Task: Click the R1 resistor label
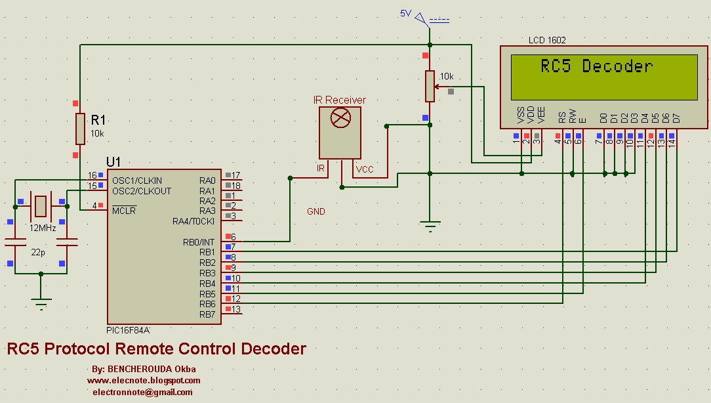pyautogui.click(x=98, y=120)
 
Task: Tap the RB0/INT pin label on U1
pyautogui.click(x=199, y=242)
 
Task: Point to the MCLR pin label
pyautogui.click(x=124, y=211)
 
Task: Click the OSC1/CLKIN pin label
pyautogui.click(x=137, y=180)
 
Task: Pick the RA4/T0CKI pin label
pyautogui.click(x=193, y=221)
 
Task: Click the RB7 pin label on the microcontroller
pyautogui.click(x=207, y=314)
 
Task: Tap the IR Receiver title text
pyautogui.click(x=339, y=100)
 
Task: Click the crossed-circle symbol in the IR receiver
pyautogui.click(x=340, y=118)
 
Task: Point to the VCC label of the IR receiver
pyautogui.click(x=365, y=169)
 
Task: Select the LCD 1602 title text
pyautogui.click(x=547, y=40)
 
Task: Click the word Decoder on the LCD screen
pyautogui.click(x=617, y=66)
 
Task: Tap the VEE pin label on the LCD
pyautogui.click(x=540, y=116)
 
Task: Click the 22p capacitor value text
pyautogui.click(x=38, y=253)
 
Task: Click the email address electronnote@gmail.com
pyautogui.click(x=143, y=392)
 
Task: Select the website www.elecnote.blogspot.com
pyautogui.click(x=144, y=380)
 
